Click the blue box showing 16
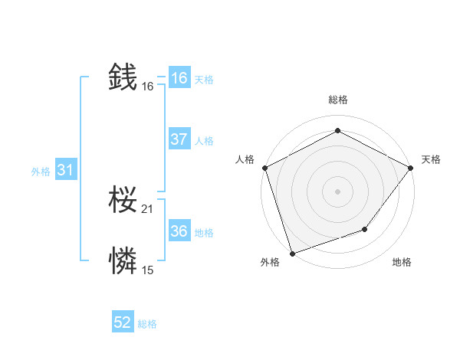(x=179, y=78)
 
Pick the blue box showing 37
(x=179, y=139)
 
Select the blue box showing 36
(x=179, y=231)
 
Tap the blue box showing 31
(x=65, y=171)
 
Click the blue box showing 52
(x=123, y=322)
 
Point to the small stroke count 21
(x=148, y=209)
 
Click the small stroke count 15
(x=148, y=270)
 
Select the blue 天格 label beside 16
(x=204, y=80)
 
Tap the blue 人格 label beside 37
(x=204, y=141)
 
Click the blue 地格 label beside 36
(x=204, y=233)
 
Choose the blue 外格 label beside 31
(x=41, y=172)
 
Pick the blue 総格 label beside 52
(x=147, y=324)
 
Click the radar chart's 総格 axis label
(x=337, y=100)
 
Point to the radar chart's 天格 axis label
(x=431, y=159)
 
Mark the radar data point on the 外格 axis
(x=292, y=253)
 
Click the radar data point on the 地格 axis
(x=365, y=229)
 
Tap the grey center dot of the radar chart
(x=337, y=191)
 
